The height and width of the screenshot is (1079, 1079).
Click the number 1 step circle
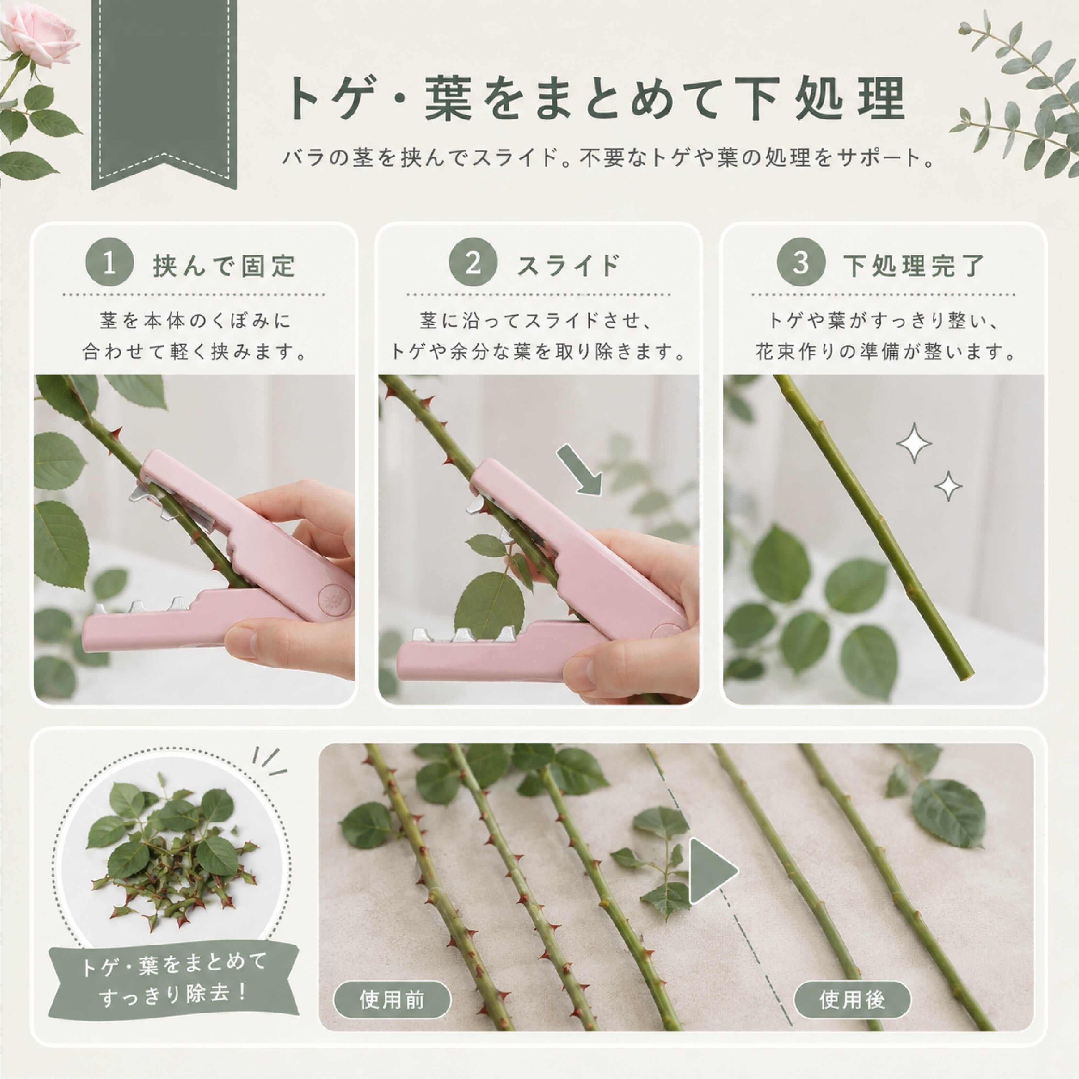[110, 264]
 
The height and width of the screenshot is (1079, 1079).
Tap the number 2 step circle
[473, 264]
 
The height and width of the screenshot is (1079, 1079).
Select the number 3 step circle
[801, 264]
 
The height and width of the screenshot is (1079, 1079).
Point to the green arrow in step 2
[579, 469]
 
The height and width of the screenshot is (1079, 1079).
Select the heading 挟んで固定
[224, 266]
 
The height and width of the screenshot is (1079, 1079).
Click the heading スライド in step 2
[568, 266]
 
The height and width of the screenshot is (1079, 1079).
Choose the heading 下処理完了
[913, 266]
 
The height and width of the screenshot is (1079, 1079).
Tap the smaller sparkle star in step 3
[948, 486]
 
